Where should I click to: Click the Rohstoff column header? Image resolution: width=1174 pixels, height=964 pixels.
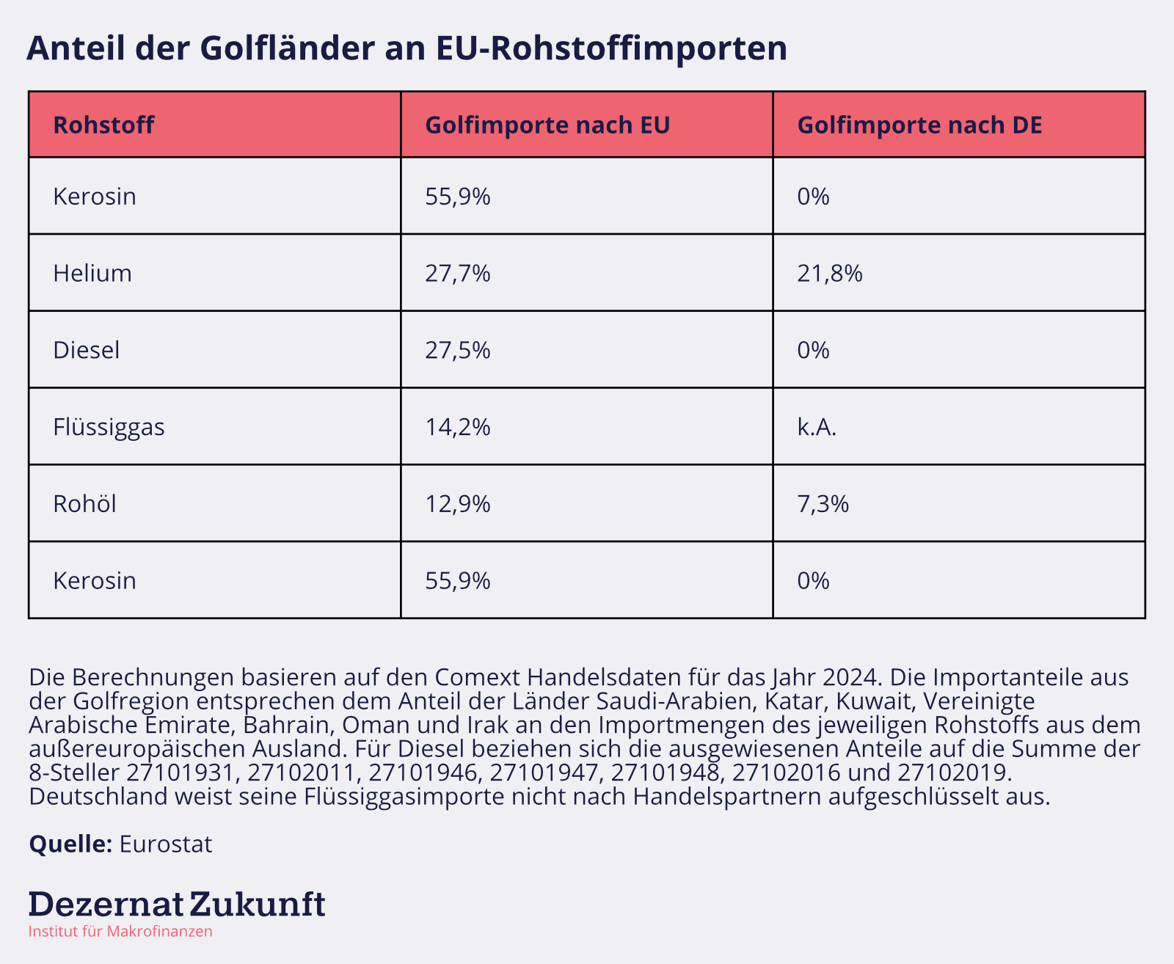pyautogui.click(x=103, y=125)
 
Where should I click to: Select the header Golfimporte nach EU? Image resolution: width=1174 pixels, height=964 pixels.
pyautogui.click(x=547, y=125)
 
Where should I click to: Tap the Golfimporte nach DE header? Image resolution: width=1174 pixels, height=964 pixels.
pyautogui.click(x=919, y=125)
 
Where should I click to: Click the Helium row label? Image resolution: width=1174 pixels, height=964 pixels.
pyautogui.click(x=92, y=274)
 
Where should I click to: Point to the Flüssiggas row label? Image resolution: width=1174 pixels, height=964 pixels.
pyautogui.click(x=109, y=427)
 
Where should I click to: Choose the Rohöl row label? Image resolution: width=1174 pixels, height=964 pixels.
pyautogui.click(x=84, y=504)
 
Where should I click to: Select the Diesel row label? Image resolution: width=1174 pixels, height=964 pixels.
pyautogui.click(x=86, y=350)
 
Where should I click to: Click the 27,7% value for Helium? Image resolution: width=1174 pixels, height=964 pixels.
pyautogui.click(x=458, y=274)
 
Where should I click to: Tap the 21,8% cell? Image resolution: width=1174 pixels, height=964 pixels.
pyautogui.click(x=830, y=274)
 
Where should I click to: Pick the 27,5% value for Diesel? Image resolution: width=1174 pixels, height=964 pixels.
pyautogui.click(x=458, y=350)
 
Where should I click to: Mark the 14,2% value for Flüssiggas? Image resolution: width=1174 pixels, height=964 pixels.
pyautogui.click(x=458, y=427)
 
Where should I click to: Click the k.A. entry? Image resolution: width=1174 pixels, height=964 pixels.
pyautogui.click(x=817, y=427)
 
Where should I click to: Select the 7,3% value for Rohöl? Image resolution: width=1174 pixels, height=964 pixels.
pyautogui.click(x=823, y=504)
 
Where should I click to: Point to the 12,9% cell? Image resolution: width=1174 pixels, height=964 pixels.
pyautogui.click(x=458, y=504)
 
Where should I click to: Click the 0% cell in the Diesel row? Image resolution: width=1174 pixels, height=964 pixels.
pyautogui.click(x=813, y=350)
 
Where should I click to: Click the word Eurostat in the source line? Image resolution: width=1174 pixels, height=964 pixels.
pyautogui.click(x=165, y=844)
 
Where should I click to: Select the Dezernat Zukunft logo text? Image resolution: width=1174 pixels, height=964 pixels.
pyautogui.click(x=176, y=904)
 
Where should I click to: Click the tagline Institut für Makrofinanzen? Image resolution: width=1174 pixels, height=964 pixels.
pyautogui.click(x=120, y=932)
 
